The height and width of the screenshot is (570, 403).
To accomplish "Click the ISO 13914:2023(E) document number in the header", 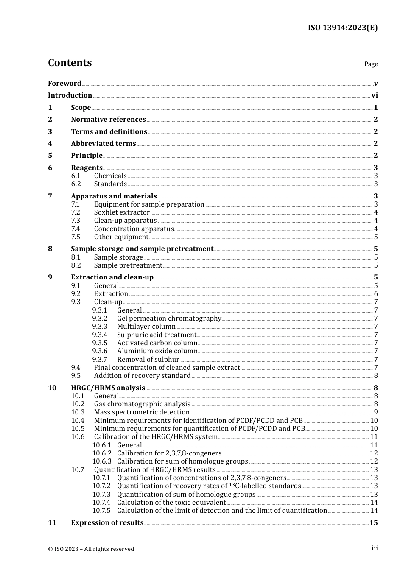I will pos(342,28).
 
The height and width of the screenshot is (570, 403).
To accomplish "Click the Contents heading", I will pos(70,63).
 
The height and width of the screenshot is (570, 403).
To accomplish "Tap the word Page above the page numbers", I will pos(371,64).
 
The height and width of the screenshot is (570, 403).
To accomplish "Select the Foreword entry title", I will pos(64,83).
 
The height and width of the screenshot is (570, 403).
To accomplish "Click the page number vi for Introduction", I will pos(375,95).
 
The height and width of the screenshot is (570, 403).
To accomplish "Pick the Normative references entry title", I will pos(108,120).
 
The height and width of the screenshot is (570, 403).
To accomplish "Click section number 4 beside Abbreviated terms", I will pos(50,143).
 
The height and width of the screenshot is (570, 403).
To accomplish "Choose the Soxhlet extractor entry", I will pos(122,212).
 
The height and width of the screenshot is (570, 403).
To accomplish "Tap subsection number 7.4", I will pos(76,229).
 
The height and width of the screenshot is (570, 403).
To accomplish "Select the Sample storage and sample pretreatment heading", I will pos(142,249).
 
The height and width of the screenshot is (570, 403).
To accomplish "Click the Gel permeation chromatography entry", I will pos(169,319).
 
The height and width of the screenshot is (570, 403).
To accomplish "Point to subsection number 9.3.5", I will pos(100,343).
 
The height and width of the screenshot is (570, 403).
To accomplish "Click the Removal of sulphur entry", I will pos(148,360).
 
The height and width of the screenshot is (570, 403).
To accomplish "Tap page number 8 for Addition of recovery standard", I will pos(376,376).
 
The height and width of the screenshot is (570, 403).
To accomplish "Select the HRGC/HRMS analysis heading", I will pos(108,388).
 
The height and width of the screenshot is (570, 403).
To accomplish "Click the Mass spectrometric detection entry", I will pos(142,412).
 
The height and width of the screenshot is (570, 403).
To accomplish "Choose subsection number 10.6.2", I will pos(102,453).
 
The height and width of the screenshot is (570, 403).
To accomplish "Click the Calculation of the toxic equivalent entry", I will pos(171,503).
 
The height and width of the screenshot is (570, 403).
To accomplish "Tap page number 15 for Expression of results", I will pos(373,523).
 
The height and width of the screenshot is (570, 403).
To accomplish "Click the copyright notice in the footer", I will pos(91,549).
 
